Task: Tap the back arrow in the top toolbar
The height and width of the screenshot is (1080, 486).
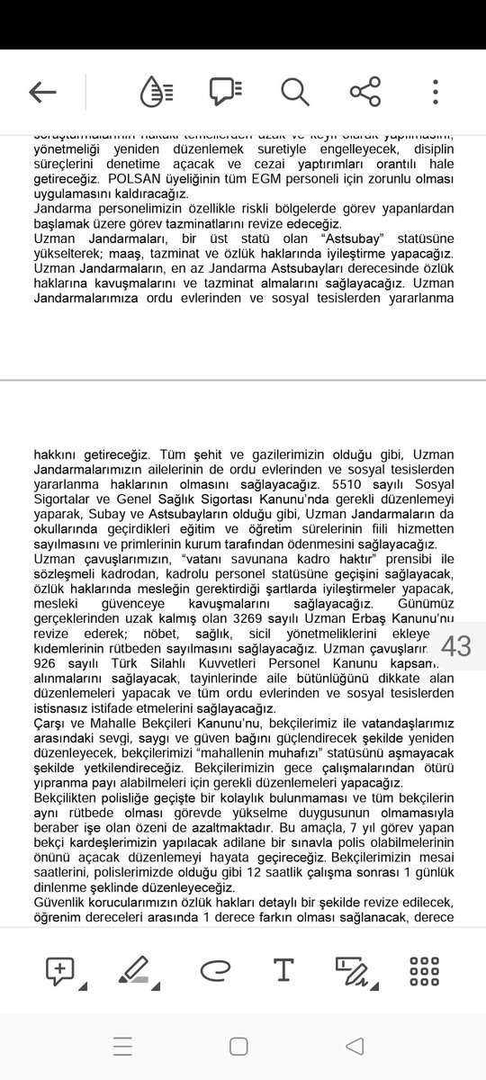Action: click(x=42, y=92)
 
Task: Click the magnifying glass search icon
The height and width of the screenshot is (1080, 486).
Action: click(x=294, y=92)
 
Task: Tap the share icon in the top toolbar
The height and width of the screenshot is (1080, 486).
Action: click(x=364, y=92)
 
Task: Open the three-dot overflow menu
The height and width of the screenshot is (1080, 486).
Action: click(x=436, y=92)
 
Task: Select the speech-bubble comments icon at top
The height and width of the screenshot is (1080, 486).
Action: click(x=226, y=92)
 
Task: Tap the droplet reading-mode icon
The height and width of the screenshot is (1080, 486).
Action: click(x=157, y=92)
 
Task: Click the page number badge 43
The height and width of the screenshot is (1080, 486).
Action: click(x=457, y=645)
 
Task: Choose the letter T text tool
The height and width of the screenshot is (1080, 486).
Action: click(x=283, y=970)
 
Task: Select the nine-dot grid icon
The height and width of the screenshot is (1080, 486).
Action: click(x=424, y=971)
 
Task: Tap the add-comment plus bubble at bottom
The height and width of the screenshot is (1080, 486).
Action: click(x=61, y=971)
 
